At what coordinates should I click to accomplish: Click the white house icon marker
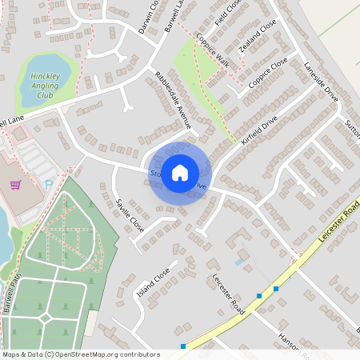pos(180,171)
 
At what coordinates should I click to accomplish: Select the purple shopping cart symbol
pos(15,185)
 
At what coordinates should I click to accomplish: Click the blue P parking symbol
pos(49,185)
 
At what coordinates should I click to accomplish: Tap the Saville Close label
pos(130,214)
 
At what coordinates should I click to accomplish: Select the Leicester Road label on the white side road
pos(227,292)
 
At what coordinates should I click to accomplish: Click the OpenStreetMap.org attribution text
pos(114,354)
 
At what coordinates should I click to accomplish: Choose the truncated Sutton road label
pos(352,125)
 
